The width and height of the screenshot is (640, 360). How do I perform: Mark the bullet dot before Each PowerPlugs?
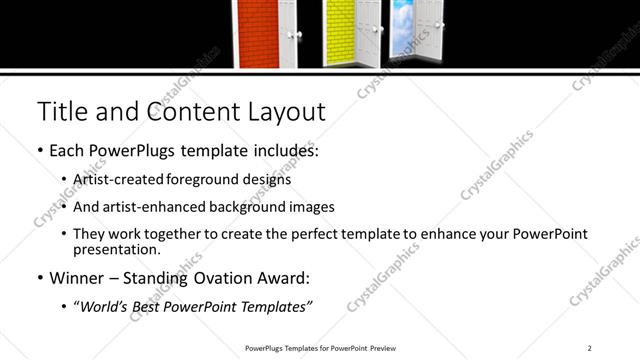(x=39, y=152)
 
